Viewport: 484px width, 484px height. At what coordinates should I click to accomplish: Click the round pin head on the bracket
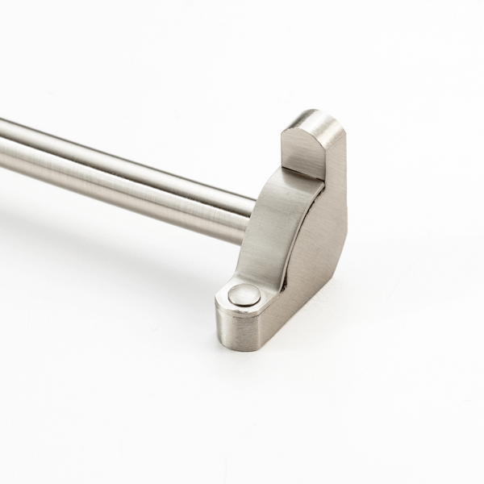tap(242, 295)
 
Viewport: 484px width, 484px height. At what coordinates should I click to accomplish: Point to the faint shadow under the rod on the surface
tap(121, 242)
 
